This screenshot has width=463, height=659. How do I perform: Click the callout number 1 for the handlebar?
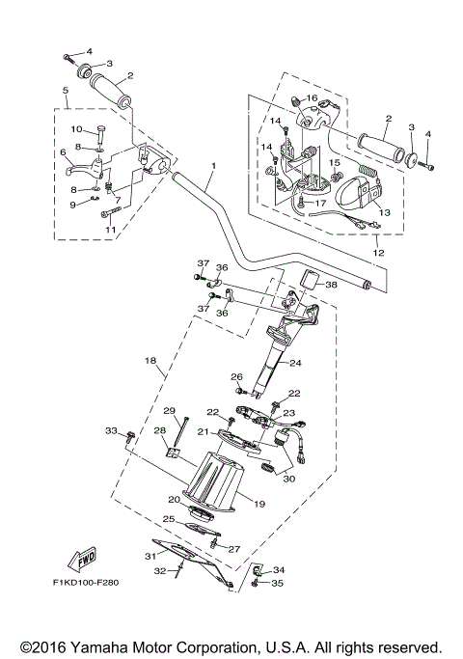pyautogui.click(x=213, y=165)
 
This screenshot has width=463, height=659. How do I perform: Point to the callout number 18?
pyautogui.click(x=150, y=360)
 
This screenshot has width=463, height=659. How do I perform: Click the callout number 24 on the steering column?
pyautogui.click(x=295, y=364)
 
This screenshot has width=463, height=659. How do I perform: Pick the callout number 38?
pyautogui.click(x=331, y=286)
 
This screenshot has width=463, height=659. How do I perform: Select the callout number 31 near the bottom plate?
pyautogui.click(x=149, y=557)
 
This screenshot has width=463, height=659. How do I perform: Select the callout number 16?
pyautogui.click(x=312, y=98)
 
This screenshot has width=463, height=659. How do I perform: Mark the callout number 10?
pyautogui.click(x=75, y=129)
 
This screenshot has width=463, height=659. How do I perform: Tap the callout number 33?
pyautogui.click(x=110, y=430)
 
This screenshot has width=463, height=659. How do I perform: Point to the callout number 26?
pyautogui.click(x=235, y=376)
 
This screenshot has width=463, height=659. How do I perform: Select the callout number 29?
pyautogui.click(x=168, y=410)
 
